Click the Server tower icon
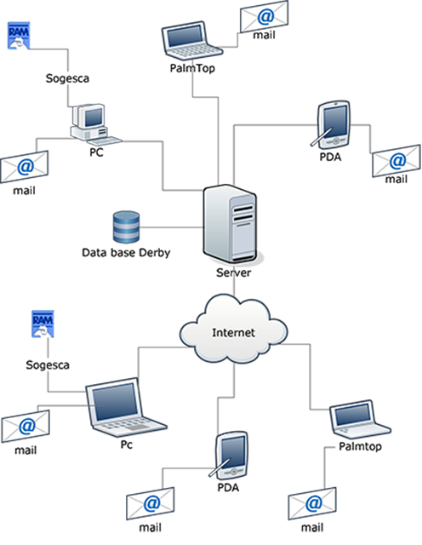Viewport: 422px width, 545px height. point(231,225)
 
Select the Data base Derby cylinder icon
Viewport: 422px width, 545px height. point(127,227)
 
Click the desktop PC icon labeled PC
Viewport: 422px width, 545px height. point(94,125)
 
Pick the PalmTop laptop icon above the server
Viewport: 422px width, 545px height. point(191,41)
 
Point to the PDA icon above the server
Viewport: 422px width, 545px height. point(332,124)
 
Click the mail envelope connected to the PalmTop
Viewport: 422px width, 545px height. point(265,16)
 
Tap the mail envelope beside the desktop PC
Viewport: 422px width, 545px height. point(25,167)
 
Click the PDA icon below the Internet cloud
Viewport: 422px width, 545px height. point(230,456)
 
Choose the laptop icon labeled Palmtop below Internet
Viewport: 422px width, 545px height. point(360,419)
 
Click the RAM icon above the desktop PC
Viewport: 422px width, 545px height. point(19,36)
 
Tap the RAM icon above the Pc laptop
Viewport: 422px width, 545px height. point(43,324)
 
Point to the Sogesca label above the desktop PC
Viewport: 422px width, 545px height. point(67,78)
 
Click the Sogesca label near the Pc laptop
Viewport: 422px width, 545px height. point(48,365)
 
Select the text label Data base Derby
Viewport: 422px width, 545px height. point(126,253)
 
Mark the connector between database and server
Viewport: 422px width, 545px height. point(172,227)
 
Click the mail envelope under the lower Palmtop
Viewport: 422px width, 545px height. point(312,503)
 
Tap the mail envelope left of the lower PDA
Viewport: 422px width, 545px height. point(151,503)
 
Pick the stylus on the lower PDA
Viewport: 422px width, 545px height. point(220,468)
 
